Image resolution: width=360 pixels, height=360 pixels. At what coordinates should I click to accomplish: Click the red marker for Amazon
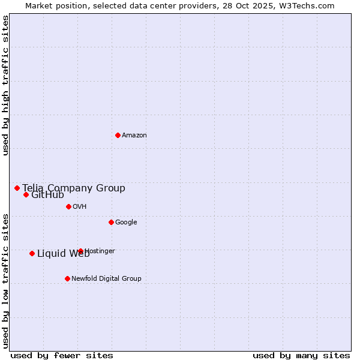[x=118, y=135]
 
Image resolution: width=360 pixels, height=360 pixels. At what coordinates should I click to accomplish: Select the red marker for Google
[x=111, y=222]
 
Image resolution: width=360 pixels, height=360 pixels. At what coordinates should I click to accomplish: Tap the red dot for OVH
[x=68, y=206]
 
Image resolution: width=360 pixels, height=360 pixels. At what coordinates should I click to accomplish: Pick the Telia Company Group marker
[x=17, y=188]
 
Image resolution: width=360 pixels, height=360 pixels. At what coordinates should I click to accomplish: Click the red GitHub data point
[x=26, y=194]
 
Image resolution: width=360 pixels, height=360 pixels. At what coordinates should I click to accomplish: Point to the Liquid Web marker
[x=32, y=253]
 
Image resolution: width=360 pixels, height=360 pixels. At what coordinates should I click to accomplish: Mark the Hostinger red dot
[x=80, y=251]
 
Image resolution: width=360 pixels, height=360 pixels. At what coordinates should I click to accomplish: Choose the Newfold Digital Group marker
[x=67, y=278]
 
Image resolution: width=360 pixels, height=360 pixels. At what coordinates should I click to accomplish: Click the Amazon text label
[x=134, y=136]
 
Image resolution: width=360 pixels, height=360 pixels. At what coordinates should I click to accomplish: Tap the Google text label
[x=126, y=223]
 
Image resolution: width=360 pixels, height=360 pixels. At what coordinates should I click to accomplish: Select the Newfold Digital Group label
[x=106, y=279]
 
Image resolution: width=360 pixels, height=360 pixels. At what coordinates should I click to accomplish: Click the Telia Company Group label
[x=74, y=188]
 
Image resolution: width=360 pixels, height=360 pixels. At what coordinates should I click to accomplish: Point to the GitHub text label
[x=48, y=195]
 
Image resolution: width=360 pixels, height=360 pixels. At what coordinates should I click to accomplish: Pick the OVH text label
[x=80, y=207]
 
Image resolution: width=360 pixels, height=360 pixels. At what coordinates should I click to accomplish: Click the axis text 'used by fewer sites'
[x=62, y=355]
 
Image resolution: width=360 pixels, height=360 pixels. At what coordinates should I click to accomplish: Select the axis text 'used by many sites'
[x=301, y=355]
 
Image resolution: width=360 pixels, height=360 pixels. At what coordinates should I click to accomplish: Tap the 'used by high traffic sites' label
[x=5, y=85]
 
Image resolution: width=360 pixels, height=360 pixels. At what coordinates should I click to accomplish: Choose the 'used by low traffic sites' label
[x=5, y=281]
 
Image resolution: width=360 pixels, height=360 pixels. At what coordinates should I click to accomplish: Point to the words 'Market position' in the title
[x=55, y=5]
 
